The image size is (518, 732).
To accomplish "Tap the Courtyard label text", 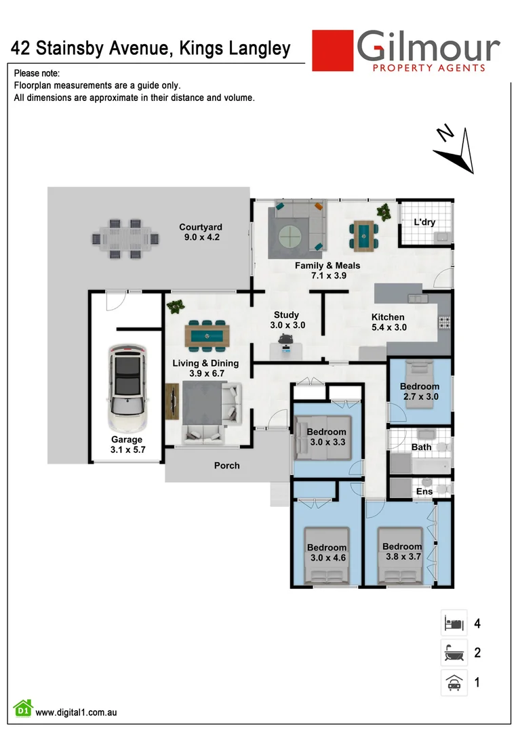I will (201, 228).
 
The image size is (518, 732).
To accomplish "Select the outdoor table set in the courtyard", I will (125, 238).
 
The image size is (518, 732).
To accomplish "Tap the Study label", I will (286, 315).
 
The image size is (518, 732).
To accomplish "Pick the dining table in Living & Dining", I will (207, 335).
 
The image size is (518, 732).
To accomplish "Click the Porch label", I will (226, 466).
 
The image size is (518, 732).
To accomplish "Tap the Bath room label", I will (421, 447).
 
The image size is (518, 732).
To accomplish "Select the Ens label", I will (423, 491).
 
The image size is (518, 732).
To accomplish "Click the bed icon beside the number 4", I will (454, 622).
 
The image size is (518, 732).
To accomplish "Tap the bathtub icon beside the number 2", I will (454, 653).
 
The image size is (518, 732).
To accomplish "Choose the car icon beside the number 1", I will (454, 683).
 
